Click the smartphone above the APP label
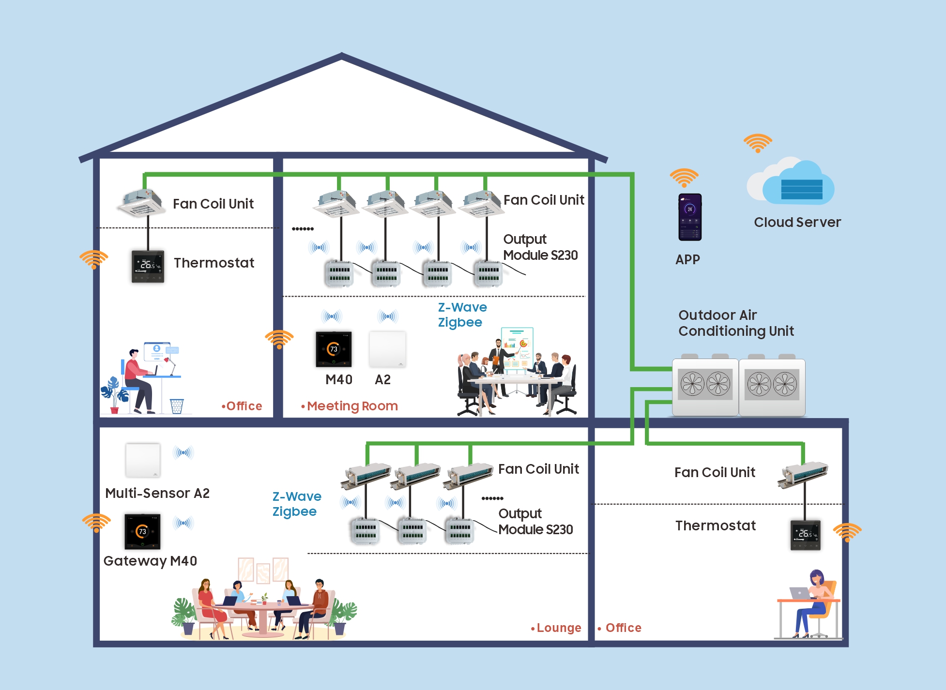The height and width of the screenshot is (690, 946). pyautogui.click(x=689, y=217)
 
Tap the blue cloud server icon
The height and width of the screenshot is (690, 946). pyautogui.click(x=794, y=186)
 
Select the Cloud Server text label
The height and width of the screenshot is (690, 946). pyautogui.click(x=797, y=222)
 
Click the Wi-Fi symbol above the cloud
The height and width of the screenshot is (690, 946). pyautogui.click(x=758, y=143)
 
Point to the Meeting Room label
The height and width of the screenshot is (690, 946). pyautogui.click(x=352, y=406)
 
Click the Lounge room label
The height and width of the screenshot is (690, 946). pyautogui.click(x=558, y=628)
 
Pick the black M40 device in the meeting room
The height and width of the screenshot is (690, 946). pyautogui.click(x=334, y=349)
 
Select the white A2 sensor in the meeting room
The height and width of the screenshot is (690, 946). pyautogui.click(x=387, y=349)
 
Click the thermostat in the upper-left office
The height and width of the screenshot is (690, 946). pyautogui.click(x=148, y=266)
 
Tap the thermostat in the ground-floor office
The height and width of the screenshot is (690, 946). pyautogui.click(x=805, y=535)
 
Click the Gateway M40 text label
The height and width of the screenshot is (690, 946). pyautogui.click(x=150, y=561)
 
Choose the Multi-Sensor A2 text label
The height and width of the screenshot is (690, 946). pyautogui.click(x=157, y=493)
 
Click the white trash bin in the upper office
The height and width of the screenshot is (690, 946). pyautogui.click(x=177, y=406)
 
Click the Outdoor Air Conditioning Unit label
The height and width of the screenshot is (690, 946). pyautogui.click(x=735, y=323)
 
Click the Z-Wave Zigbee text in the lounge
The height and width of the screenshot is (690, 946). pyautogui.click(x=296, y=504)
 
